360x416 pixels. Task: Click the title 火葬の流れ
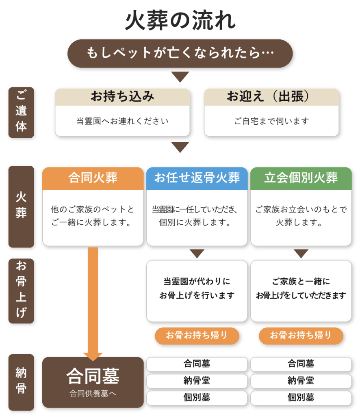tap(180, 20)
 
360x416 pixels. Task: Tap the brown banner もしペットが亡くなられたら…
tap(180, 53)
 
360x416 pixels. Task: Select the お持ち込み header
tap(122, 97)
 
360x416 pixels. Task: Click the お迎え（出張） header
tap(271, 97)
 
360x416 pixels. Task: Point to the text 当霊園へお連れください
tap(122, 121)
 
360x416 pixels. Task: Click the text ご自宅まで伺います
tap(271, 121)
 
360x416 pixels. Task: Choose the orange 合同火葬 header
tap(93, 178)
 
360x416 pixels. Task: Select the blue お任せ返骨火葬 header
tap(197, 178)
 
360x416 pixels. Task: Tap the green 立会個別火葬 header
tap(301, 178)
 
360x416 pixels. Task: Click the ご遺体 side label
tap(21, 113)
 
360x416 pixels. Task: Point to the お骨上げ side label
tap(21, 291)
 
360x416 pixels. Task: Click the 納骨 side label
tap(21, 382)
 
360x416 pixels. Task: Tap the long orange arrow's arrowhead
tap(93, 357)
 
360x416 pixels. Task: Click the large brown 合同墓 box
tap(93, 382)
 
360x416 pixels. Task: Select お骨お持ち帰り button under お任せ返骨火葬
tap(197, 336)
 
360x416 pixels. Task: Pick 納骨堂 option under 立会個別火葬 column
tap(301, 381)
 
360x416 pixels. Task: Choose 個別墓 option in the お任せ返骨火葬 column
tap(197, 398)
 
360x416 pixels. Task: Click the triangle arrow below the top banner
tap(180, 77)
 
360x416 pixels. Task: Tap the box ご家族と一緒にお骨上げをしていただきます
tap(301, 291)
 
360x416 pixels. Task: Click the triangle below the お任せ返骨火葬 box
tap(197, 253)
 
